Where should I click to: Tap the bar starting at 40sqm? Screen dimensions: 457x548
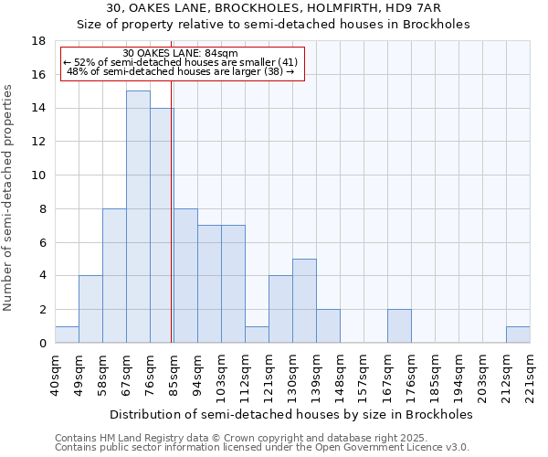tap(67, 335)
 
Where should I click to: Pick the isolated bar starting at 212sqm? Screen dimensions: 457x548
tap(518, 335)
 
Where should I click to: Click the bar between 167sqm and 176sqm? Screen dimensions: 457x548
tap(399, 326)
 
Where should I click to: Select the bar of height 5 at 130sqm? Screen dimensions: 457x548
tap(304, 301)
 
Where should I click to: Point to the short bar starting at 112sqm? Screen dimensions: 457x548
tap(257, 335)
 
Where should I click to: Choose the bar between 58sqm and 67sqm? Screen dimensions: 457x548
tap(114, 275)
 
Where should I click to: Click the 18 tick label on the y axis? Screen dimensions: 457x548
tap(39, 41)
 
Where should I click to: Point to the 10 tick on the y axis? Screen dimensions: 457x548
tap(39, 175)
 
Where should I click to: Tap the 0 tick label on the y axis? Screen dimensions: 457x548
tap(42, 343)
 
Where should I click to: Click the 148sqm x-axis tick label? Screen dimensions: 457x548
tap(340, 374)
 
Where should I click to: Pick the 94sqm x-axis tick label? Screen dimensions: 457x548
tap(197, 374)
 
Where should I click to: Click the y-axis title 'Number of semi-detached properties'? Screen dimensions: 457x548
tap(9, 197)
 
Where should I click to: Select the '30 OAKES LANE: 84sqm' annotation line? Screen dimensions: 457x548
tap(180, 53)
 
